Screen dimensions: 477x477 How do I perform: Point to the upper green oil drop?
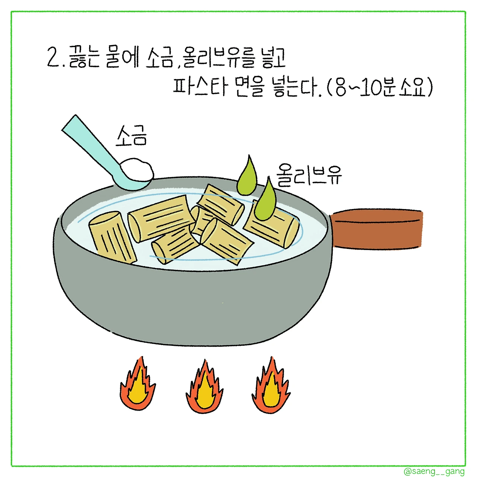(x=247, y=177)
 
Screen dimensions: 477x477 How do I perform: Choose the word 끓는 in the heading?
(x=84, y=57)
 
